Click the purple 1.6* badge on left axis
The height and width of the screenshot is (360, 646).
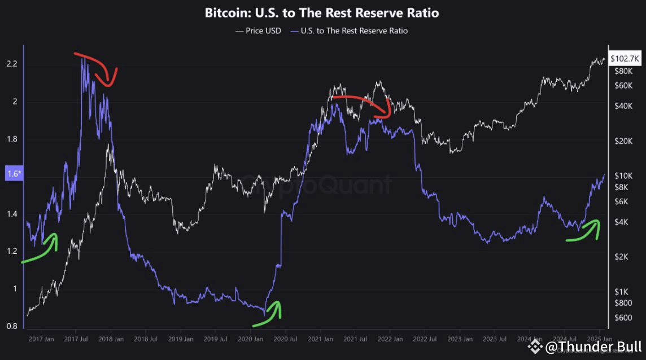pyautogui.click(x=12, y=174)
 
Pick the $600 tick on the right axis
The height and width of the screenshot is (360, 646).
pyautogui.click(x=624, y=318)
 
